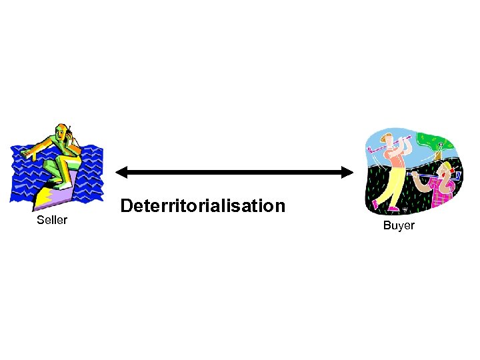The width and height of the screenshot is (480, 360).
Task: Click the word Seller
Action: tap(52, 220)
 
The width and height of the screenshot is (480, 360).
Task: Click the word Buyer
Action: tap(399, 225)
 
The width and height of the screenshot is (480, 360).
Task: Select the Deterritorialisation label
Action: tap(203, 205)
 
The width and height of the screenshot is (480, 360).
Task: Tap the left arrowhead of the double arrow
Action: tap(121, 173)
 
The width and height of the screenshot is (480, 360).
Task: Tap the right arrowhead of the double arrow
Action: tap(347, 173)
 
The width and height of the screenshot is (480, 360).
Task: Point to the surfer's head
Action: tap(63, 131)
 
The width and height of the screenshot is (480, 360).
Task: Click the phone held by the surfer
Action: tap(69, 131)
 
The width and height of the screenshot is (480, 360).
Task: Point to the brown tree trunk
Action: tap(439, 156)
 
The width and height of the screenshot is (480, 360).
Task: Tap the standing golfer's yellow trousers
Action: tap(397, 183)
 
